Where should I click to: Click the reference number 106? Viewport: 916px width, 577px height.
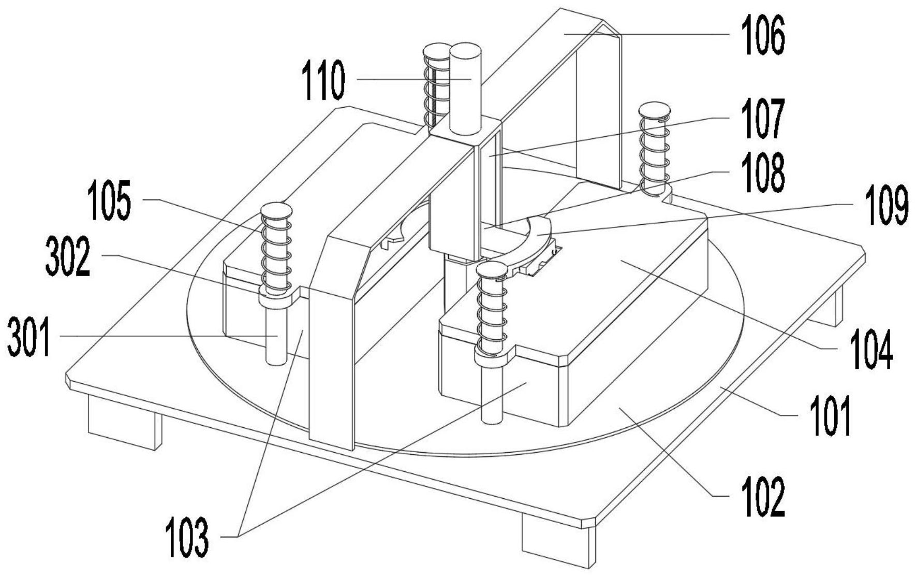click(763, 35)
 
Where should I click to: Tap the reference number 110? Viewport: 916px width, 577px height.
click(324, 80)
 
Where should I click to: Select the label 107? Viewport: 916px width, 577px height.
click(763, 119)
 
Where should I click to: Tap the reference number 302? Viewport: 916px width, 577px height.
click(68, 256)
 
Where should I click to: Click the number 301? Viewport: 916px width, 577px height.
click(29, 337)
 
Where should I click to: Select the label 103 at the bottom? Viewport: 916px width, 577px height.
click(187, 537)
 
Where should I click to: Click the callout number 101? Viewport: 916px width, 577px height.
click(830, 415)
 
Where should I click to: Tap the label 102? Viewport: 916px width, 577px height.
click(763, 497)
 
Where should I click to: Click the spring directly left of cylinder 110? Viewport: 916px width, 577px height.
click(437, 85)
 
